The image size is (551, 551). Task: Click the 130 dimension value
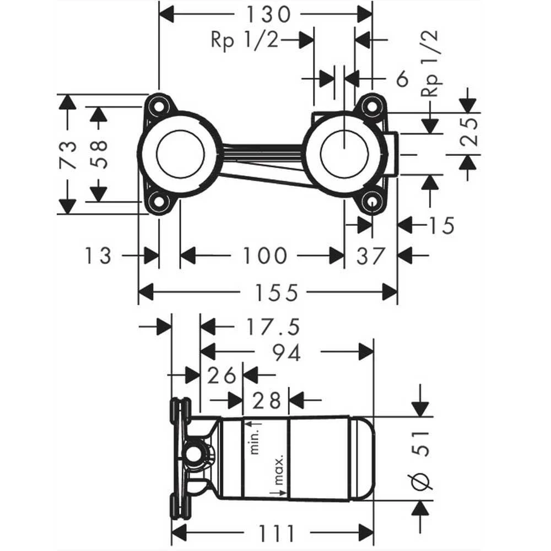[x=268, y=14]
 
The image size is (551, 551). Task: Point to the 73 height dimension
[x=67, y=155]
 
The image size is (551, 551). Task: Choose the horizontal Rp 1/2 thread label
[x=244, y=40]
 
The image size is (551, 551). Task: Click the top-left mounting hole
[x=159, y=105]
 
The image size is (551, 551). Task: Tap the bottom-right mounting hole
[x=372, y=202]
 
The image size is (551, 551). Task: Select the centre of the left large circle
[x=180, y=154]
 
